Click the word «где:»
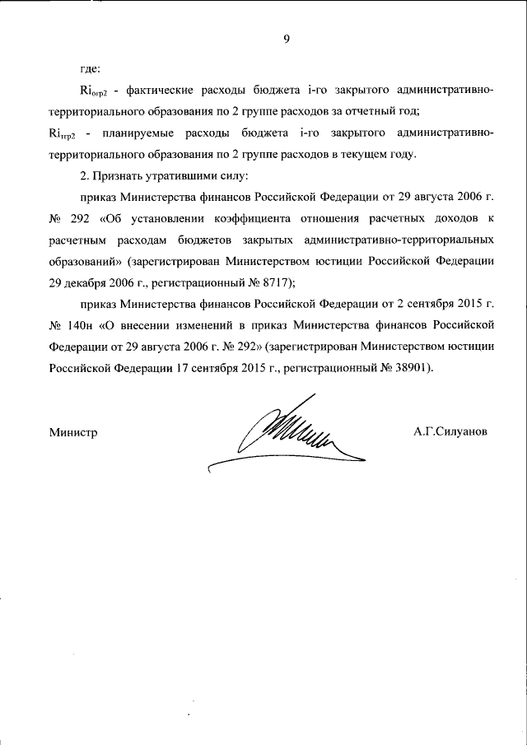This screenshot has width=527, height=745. pyautogui.click(x=91, y=68)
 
